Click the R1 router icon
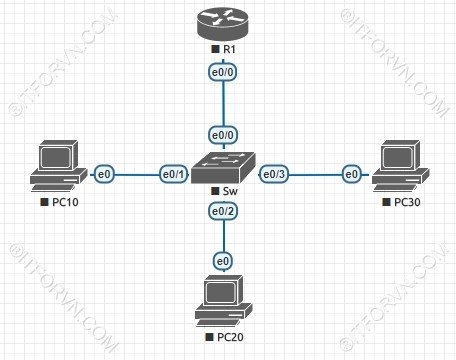tap(222, 22)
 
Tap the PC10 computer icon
tap(57, 166)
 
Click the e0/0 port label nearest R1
tap(222, 73)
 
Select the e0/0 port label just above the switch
tap(222, 134)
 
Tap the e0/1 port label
tap(173, 175)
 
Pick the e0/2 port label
tap(222, 211)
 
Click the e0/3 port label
tap(274, 175)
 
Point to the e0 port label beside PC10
tap(103, 175)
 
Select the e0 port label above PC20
tap(222, 261)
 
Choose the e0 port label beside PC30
tap(351, 175)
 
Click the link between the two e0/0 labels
tap(222, 103)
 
